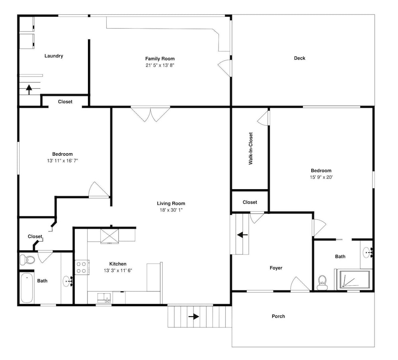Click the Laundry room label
[x=54, y=56]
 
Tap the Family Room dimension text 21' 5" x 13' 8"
[x=160, y=65]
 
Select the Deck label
[x=300, y=58]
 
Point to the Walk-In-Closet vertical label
[x=250, y=149]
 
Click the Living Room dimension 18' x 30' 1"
[x=171, y=210]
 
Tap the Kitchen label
[x=118, y=264]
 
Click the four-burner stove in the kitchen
[x=82, y=267]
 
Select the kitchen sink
[x=104, y=298]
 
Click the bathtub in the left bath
[x=27, y=288]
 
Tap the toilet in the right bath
[x=322, y=282]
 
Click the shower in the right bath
[x=355, y=280]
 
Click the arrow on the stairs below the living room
[x=194, y=317]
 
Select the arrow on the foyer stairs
[x=242, y=235]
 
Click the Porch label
[x=278, y=316]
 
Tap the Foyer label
[x=276, y=268]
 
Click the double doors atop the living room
[x=150, y=114]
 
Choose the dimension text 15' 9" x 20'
[x=321, y=177]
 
